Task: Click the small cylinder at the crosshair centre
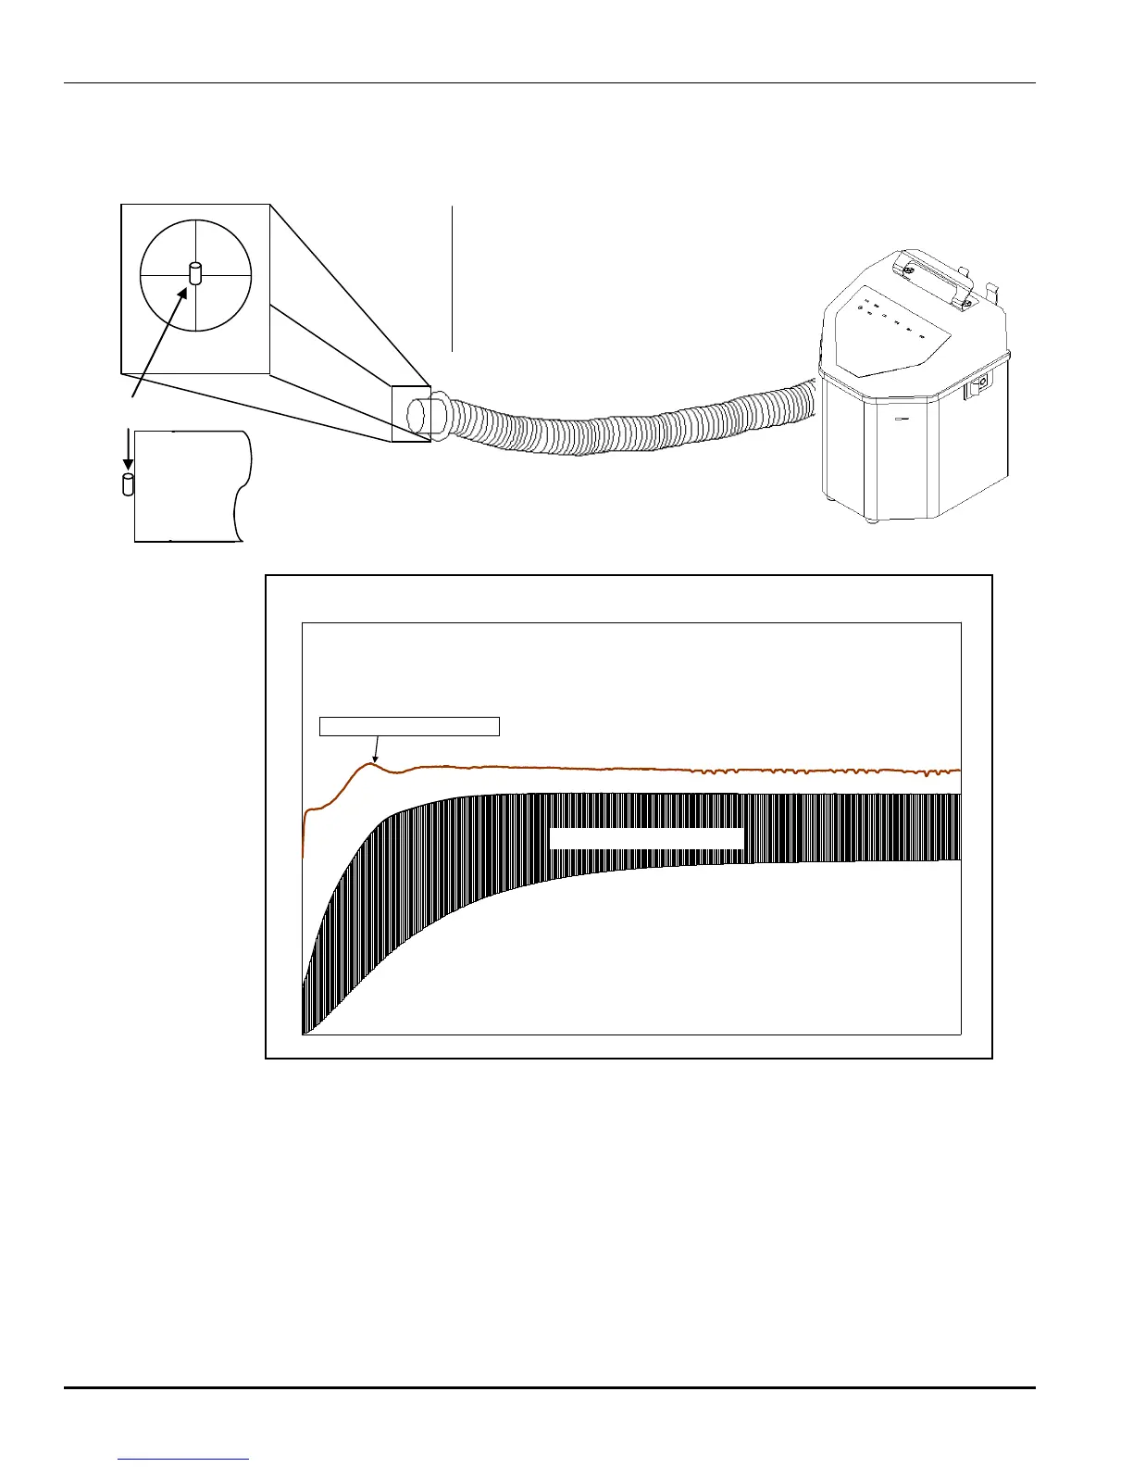(195, 274)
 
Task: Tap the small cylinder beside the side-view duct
(128, 484)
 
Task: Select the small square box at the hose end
(410, 413)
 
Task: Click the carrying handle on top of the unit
(935, 276)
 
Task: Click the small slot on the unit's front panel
(903, 419)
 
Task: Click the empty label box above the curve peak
(409, 726)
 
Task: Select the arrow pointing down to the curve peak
(375, 748)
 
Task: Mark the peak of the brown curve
(371, 763)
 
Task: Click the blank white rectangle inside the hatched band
(647, 838)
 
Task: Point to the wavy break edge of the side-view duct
(243, 486)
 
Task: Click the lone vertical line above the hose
(453, 278)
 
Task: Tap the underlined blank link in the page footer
(184, 1459)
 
